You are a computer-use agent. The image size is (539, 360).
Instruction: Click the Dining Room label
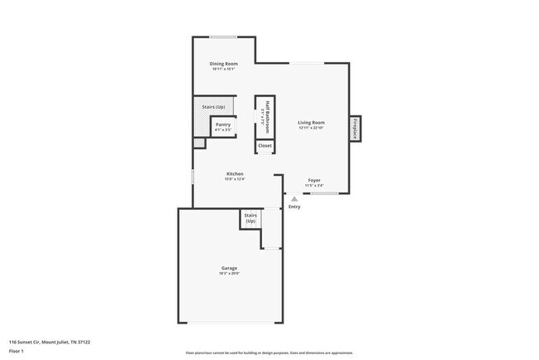coord(224,64)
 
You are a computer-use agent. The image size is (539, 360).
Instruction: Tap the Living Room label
coord(311,123)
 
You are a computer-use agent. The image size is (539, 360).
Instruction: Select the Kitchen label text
coord(235,173)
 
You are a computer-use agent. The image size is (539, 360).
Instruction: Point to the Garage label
coord(229,268)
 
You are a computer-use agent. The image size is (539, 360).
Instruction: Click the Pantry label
coord(223,124)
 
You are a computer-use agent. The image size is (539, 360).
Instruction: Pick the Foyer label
coord(314,180)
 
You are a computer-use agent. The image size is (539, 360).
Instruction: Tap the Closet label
coord(265,146)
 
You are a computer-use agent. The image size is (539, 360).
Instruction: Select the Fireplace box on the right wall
coord(354,128)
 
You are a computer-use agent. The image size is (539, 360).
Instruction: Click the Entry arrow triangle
coord(294,198)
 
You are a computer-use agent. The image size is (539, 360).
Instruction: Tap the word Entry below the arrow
coord(294,207)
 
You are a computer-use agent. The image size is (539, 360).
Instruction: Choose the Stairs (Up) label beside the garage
coord(250,218)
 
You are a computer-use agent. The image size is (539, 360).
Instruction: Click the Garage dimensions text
coord(229,274)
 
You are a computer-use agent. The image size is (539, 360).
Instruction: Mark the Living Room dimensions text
coord(311,129)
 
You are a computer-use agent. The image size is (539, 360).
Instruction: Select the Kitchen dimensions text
coord(235,179)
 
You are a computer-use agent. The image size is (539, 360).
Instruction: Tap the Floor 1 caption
coord(16,351)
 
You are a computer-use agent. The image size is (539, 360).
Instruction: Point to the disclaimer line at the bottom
coord(269,353)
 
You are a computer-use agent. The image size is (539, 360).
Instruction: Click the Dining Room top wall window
coord(221,36)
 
